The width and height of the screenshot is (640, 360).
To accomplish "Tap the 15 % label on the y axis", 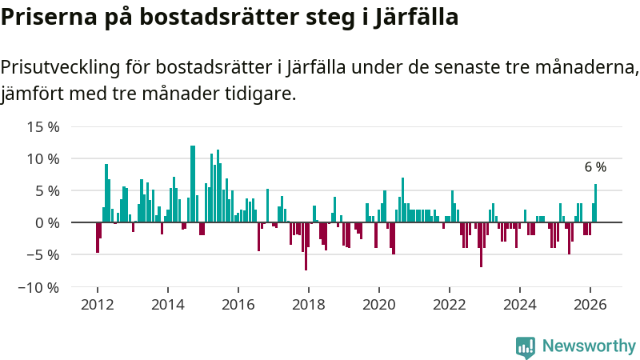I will (43, 126).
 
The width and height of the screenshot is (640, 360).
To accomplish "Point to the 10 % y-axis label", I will (43, 158).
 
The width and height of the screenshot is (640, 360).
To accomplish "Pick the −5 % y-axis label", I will (43, 254).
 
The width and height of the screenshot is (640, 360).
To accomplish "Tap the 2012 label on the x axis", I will (98, 305).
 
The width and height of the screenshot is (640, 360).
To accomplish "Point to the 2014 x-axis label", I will (168, 305).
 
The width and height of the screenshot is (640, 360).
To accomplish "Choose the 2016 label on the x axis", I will (238, 305).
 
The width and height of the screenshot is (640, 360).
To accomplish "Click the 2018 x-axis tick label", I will (309, 305).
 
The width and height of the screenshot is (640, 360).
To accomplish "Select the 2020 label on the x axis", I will (379, 305).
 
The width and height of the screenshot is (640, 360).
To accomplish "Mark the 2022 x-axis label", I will (450, 305).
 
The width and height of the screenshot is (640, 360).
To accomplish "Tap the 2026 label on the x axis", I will (590, 305).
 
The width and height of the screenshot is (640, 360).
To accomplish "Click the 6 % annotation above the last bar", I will (595, 167).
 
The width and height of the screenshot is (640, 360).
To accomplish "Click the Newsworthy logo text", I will (589, 346).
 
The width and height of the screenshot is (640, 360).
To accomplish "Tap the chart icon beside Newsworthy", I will (526, 346).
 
